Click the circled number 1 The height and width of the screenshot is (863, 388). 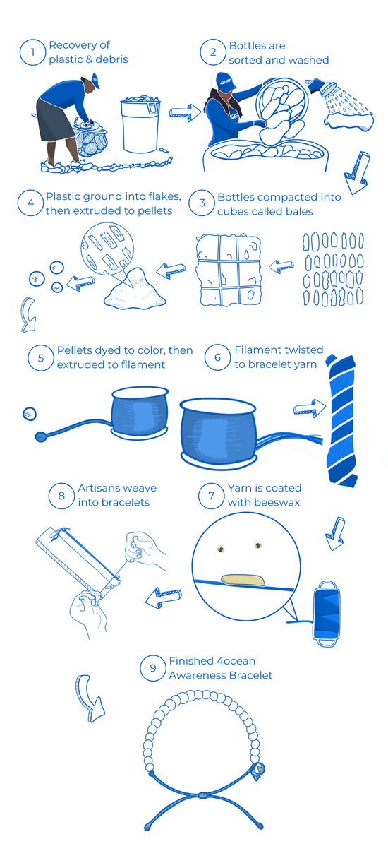click(x=32, y=52)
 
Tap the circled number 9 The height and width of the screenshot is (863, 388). click(x=153, y=667)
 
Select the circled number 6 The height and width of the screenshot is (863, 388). click(x=217, y=357)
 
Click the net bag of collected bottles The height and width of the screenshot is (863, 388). click(x=91, y=138)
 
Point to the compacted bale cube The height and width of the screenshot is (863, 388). click(x=229, y=270)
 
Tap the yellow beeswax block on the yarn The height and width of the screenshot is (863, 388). click(x=243, y=579)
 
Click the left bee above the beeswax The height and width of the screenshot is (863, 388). click(x=221, y=549)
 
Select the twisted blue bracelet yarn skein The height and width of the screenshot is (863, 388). click(x=341, y=419)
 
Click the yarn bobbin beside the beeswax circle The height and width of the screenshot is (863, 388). click(x=327, y=612)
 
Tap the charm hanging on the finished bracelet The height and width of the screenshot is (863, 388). click(x=258, y=770)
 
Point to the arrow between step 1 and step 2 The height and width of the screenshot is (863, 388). click(x=185, y=112)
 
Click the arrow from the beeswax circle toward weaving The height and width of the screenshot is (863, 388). click(x=163, y=597)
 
